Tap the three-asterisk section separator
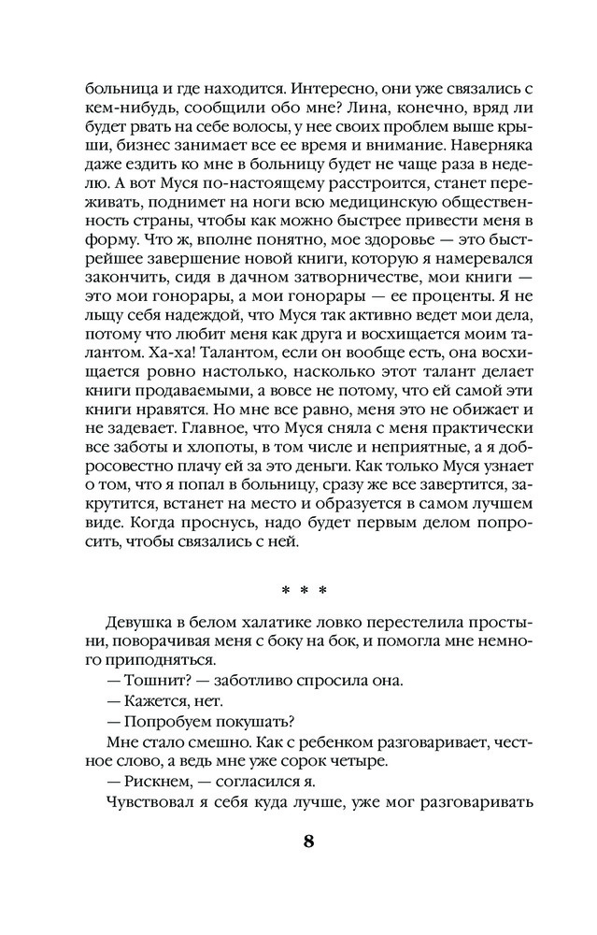click(x=304, y=590)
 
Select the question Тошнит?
click(x=150, y=680)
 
